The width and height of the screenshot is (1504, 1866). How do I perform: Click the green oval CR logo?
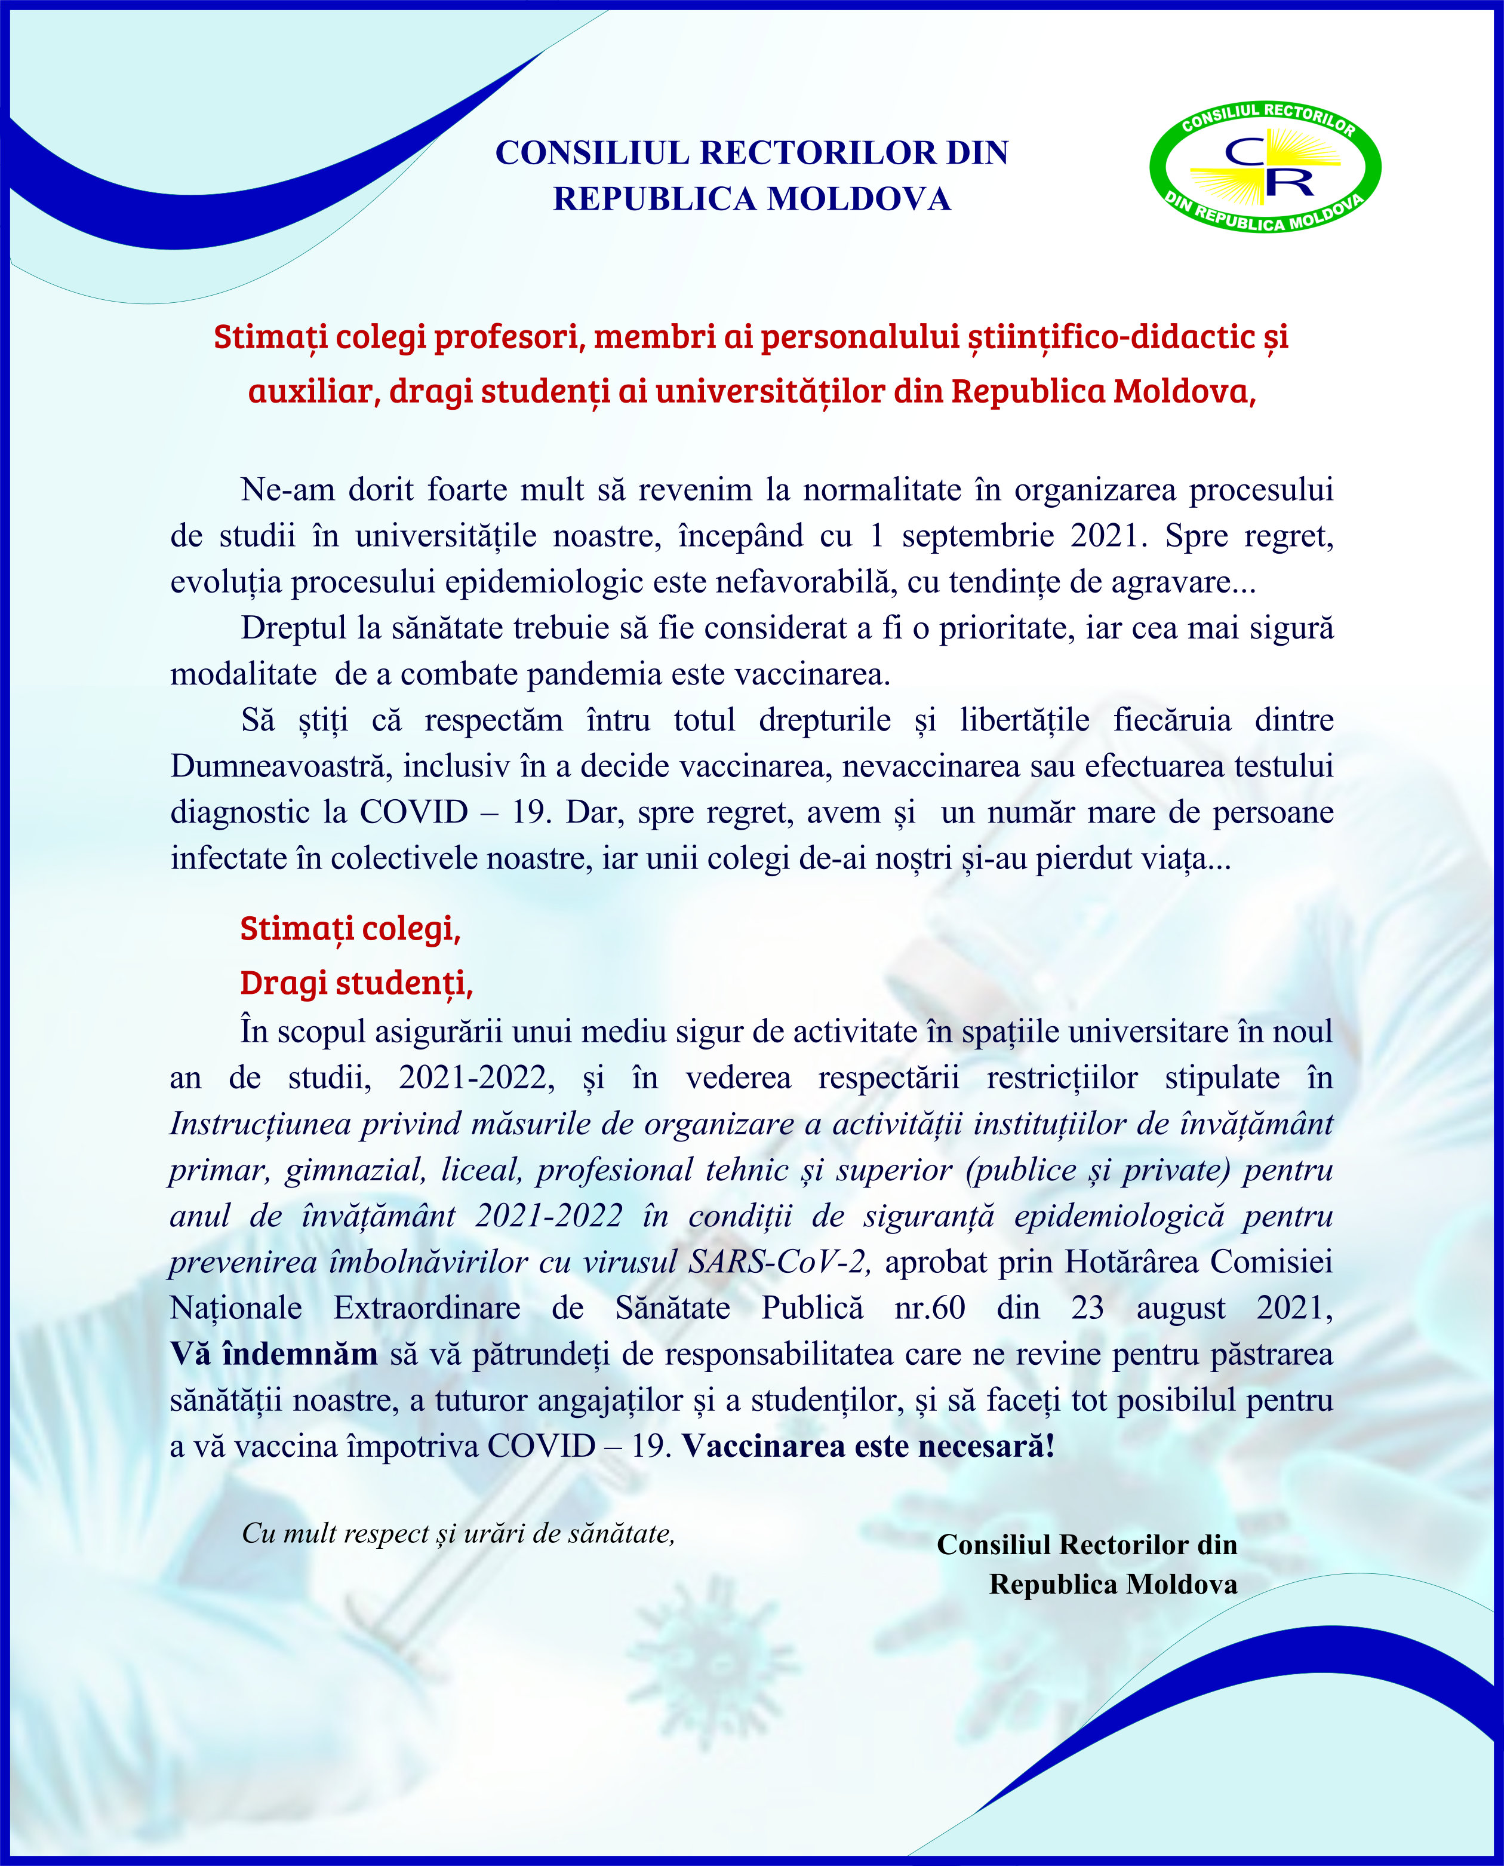click(1265, 167)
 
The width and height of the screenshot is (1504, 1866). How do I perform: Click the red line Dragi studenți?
click(356, 983)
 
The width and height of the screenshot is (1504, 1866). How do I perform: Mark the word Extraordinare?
click(427, 1308)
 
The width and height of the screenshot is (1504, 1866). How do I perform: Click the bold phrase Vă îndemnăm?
click(274, 1354)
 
